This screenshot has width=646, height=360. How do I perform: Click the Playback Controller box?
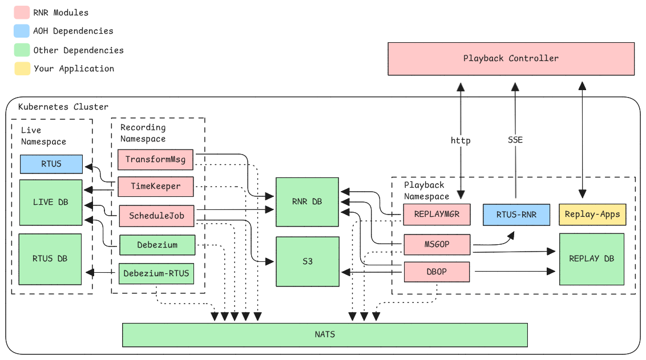[511, 58]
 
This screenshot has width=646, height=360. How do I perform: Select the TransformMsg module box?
[156, 159]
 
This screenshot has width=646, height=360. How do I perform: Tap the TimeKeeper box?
[156, 186]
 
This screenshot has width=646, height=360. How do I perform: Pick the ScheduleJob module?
[156, 216]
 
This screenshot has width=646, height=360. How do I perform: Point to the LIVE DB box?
[51, 202]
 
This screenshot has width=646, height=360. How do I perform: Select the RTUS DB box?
[51, 258]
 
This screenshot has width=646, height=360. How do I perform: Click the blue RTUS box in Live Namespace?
[51, 164]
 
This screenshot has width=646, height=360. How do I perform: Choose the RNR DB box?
[308, 201]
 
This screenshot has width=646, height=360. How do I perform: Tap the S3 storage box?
[308, 261]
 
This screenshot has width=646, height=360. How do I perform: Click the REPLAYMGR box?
[437, 215]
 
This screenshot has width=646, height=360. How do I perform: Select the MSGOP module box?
[437, 244]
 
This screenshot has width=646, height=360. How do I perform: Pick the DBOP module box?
[437, 272]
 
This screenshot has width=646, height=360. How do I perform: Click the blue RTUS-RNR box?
[516, 215]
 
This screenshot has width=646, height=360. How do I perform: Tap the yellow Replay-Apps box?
[592, 215]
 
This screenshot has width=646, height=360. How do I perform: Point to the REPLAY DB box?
[592, 258]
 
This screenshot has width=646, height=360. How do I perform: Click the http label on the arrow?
[461, 140]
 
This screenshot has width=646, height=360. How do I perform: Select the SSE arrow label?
[515, 140]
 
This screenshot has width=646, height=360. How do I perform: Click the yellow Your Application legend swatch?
[22, 68]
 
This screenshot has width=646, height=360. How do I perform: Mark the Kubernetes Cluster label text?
[63, 107]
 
